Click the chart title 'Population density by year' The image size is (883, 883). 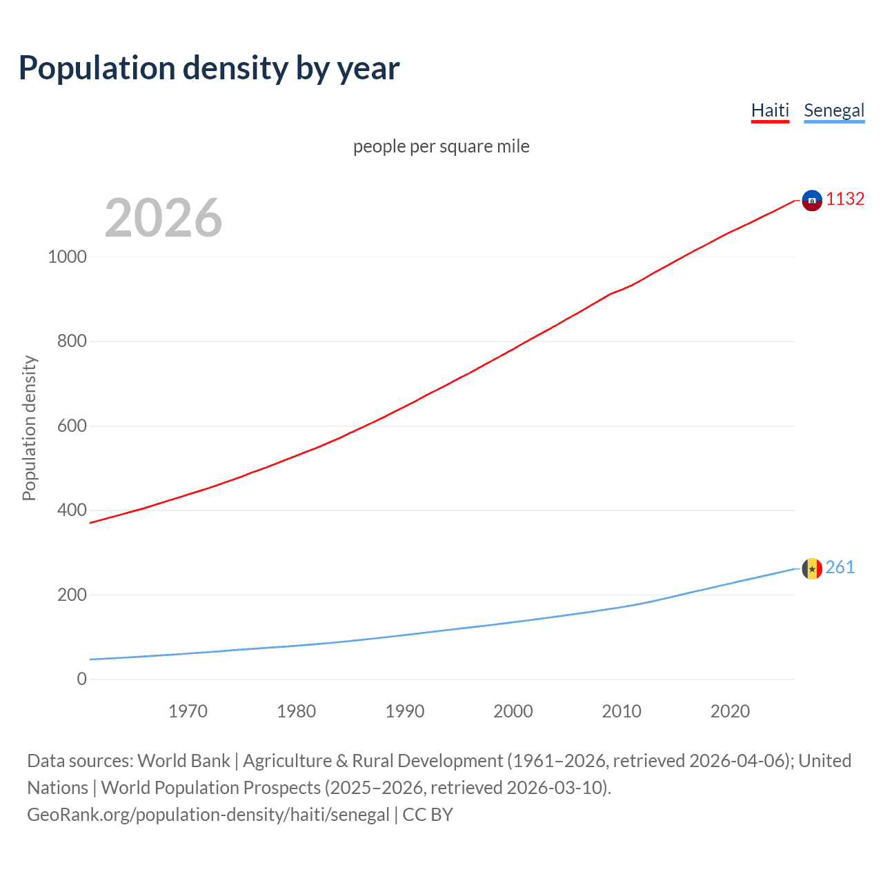(x=209, y=68)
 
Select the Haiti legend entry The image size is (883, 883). (x=770, y=110)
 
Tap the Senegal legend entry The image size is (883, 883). (x=834, y=110)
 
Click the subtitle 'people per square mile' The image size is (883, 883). (x=441, y=146)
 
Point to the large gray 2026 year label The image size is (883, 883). (x=163, y=218)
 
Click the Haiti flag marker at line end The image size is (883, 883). (x=812, y=200)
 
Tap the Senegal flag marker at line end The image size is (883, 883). (x=812, y=568)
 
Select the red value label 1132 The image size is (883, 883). (x=845, y=199)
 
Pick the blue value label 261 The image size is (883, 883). (x=840, y=567)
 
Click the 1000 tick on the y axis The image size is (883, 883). (x=68, y=257)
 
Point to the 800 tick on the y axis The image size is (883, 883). (x=72, y=341)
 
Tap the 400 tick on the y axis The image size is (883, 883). (x=72, y=510)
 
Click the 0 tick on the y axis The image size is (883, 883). (x=82, y=679)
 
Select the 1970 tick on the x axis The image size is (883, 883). (x=188, y=711)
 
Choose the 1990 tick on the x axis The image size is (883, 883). (x=405, y=711)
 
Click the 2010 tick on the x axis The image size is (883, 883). (x=622, y=711)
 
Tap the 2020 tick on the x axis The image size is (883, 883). (x=730, y=711)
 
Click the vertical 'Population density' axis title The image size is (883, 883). (x=29, y=428)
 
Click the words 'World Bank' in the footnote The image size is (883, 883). (x=183, y=761)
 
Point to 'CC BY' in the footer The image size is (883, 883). (x=428, y=815)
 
